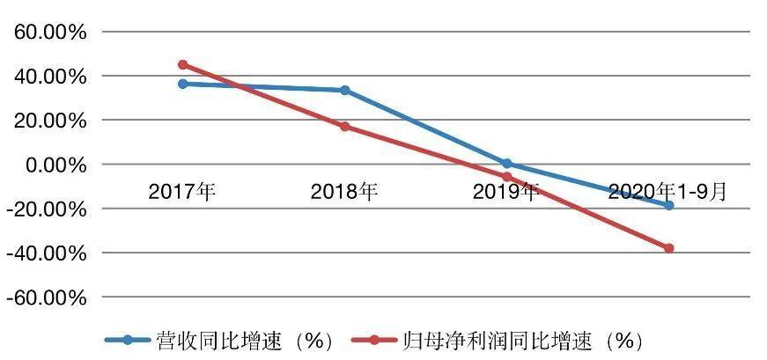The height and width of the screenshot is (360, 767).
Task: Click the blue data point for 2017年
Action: tap(182, 84)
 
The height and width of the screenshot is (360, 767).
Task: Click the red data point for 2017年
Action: tap(182, 64)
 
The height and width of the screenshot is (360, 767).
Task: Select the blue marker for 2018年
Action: tap(344, 90)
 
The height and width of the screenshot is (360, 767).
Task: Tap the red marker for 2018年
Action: tap(344, 126)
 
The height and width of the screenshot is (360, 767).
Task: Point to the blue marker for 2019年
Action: tap(506, 163)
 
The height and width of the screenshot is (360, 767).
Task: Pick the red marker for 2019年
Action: tap(506, 177)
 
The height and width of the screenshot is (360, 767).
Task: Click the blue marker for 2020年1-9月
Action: tap(668, 205)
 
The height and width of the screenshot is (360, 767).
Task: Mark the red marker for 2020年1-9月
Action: tap(668, 248)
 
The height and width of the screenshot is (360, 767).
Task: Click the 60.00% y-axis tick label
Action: tap(48, 33)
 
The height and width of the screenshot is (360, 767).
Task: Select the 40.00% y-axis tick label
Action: tap(48, 77)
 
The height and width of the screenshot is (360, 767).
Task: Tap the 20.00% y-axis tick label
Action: tap(48, 121)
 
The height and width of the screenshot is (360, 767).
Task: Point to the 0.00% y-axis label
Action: tap(53, 165)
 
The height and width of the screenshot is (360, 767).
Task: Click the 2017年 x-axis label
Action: tap(182, 191)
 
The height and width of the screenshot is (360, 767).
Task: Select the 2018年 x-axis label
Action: tap(344, 191)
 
